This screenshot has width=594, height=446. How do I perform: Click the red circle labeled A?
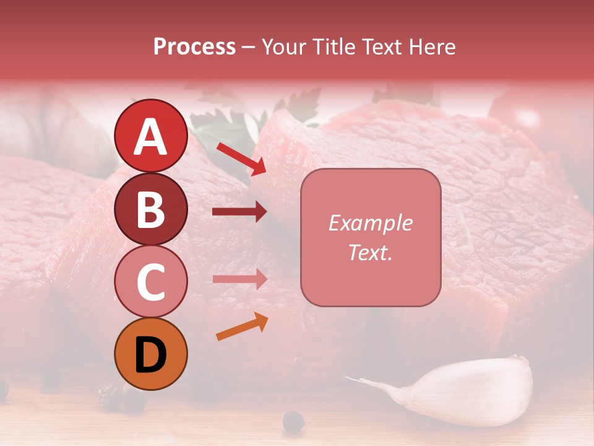150,136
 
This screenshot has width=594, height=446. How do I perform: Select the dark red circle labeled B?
150,209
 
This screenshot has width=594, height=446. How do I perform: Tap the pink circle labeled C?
150,281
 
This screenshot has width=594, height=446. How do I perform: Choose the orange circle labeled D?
150,354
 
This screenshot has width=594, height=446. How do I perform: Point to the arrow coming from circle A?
241,159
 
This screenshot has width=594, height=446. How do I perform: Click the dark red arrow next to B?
240,212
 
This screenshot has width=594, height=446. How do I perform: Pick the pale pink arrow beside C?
240,279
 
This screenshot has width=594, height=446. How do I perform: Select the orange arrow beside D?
242,326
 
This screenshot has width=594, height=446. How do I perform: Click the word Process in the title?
194,46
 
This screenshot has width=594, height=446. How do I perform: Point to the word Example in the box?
370,223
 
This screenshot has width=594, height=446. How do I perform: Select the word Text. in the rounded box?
370,252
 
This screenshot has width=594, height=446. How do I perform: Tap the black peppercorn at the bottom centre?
293,422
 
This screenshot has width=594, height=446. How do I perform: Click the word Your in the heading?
285,46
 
